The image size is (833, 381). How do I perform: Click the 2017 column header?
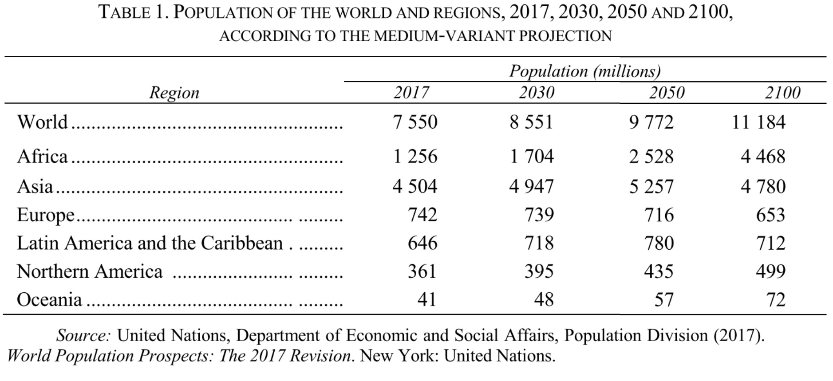[411, 93]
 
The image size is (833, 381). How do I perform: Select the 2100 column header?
[782, 93]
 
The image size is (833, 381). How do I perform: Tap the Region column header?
[174, 93]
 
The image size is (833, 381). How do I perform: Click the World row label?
[43, 122]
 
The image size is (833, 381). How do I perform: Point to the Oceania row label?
[49, 300]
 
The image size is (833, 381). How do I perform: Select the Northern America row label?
[90, 271]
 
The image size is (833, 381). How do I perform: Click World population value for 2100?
[758, 122]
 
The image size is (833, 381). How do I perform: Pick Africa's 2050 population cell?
[651, 157]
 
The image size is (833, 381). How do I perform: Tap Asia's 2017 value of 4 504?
[415, 186]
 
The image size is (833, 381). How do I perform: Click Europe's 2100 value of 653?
[770, 215]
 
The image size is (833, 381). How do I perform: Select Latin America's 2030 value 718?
[539, 243]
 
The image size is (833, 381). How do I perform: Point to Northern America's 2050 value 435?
[659, 271]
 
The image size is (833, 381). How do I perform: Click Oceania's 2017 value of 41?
[427, 300]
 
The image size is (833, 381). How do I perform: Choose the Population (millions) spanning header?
[584, 71]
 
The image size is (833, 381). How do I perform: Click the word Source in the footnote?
[83, 335]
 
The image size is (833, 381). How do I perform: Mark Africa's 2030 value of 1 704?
[531, 157]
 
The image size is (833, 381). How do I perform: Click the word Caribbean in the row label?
[242, 243]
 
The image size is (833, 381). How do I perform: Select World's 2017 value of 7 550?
[415, 122]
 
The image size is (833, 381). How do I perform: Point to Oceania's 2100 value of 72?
[776, 300]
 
